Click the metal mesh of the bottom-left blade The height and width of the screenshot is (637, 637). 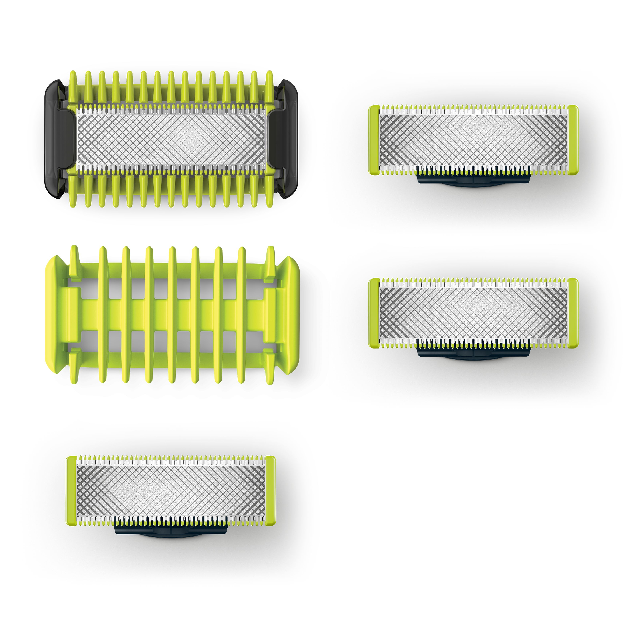click(x=171, y=491)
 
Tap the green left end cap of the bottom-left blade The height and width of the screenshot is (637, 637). click(x=71, y=491)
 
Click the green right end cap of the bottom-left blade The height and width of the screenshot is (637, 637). click(x=270, y=491)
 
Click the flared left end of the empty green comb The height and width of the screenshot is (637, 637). click(x=54, y=315)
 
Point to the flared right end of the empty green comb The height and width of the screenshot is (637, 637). click(x=290, y=315)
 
